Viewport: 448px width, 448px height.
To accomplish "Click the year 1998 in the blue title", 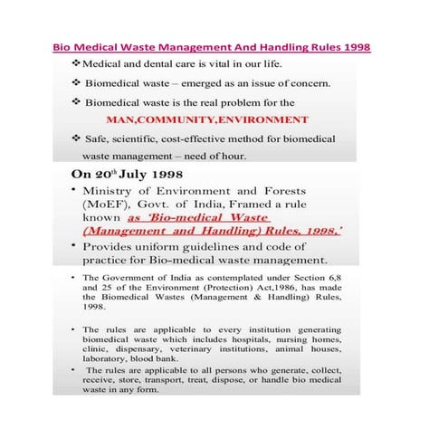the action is (x=354, y=46).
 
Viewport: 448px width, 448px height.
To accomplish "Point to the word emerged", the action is (x=214, y=83).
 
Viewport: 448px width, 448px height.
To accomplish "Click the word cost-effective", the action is (x=204, y=138).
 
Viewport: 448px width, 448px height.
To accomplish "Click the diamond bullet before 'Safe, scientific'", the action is (x=75, y=138).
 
